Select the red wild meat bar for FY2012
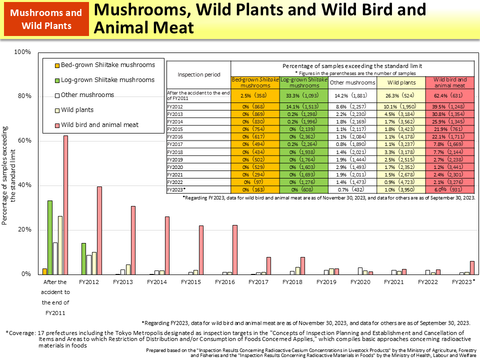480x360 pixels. point(99,230)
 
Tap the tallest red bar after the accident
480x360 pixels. point(65,205)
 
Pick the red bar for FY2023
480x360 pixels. point(472,267)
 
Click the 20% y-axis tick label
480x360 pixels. point(23,229)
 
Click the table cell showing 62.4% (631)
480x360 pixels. point(449,94)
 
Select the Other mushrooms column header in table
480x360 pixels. point(352,82)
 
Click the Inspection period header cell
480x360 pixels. point(198,74)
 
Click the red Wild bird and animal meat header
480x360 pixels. point(449,82)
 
